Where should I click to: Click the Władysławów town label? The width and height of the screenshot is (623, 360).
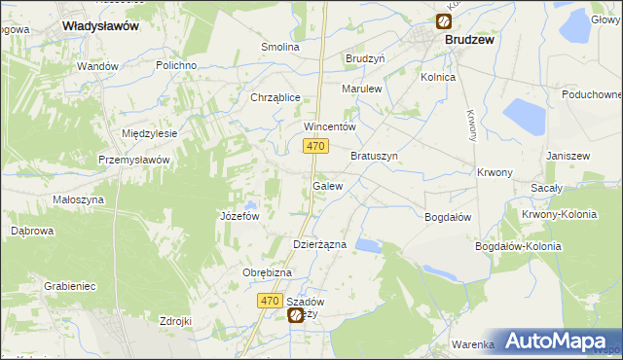99,27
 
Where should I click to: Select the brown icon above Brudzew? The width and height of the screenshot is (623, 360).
444,21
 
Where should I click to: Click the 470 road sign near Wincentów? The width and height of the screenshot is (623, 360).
313,146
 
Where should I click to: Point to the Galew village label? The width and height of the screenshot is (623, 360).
327,185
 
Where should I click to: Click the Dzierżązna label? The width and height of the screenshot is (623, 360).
320,245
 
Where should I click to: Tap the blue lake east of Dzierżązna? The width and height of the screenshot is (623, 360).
368,246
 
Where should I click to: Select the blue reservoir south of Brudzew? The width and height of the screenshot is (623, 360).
523,116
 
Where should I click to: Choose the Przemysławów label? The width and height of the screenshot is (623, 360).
135,160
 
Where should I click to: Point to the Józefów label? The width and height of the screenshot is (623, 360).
239,216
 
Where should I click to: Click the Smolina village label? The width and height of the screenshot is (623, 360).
280,47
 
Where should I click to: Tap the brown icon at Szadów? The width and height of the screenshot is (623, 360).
295,315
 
